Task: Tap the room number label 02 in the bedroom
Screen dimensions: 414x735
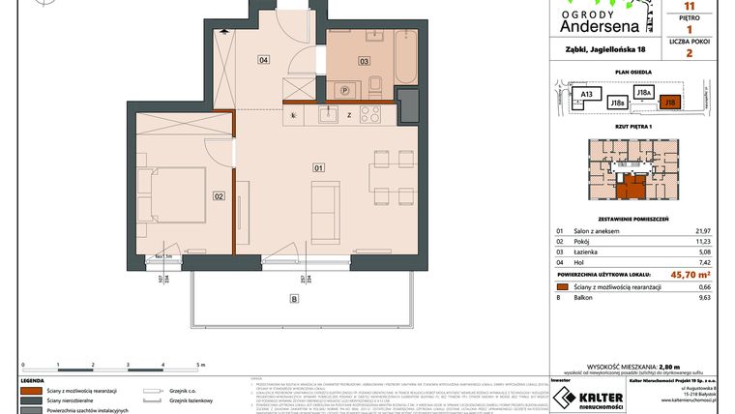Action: coord(219,196)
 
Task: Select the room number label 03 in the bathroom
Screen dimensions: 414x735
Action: coord(365,60)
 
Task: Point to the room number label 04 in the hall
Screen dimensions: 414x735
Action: coord(263,60)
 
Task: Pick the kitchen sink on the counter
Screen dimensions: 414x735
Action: coord(331,115)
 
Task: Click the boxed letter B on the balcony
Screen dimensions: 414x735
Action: coord(294,299)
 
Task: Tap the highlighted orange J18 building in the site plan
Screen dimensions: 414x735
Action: coord(669,101)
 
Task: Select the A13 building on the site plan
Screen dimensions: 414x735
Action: coord(585,94)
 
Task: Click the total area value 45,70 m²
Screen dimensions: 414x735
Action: coord(686,274)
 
